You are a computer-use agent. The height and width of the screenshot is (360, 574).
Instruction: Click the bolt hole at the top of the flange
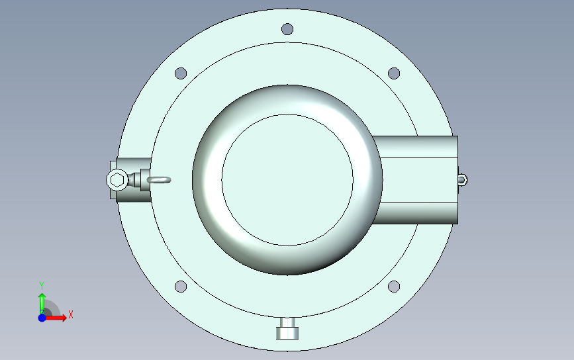287,29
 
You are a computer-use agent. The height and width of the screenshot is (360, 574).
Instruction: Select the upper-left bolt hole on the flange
180,73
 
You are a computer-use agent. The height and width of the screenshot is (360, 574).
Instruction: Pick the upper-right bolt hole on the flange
393,73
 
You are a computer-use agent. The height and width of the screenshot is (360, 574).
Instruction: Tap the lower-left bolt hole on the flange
180,287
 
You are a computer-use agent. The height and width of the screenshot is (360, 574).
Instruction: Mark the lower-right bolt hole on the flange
393,287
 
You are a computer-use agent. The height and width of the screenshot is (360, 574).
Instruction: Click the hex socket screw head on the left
117,179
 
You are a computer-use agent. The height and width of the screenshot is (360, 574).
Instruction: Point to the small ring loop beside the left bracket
160,179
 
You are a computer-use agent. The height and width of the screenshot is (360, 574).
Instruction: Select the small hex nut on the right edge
463,179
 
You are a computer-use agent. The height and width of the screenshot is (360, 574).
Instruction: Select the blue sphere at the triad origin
42,318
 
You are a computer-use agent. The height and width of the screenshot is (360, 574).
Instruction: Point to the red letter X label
70,315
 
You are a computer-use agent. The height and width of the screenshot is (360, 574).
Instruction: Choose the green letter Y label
41,285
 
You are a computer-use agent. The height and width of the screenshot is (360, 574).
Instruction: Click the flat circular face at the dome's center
287,179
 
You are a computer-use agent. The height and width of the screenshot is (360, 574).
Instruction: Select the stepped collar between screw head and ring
138,179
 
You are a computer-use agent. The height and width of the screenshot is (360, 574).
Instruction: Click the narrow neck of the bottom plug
287,322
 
